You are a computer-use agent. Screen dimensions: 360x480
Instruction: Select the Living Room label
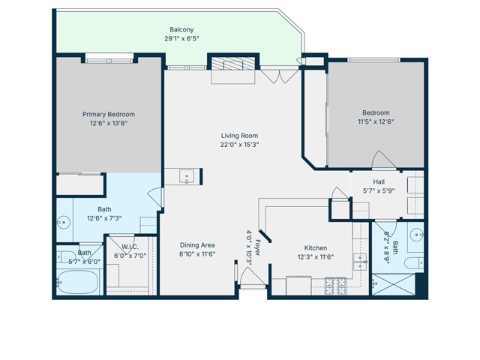(239, 135)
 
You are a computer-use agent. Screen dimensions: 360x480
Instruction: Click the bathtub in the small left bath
(78, 283)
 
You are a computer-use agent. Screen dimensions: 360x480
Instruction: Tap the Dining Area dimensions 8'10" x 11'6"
(197, 255)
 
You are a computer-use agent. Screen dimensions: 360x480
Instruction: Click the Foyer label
(257, 247)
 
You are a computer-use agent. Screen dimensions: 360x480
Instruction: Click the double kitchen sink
(359, 262)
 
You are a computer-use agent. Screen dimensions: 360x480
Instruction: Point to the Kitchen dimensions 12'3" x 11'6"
(315, 257)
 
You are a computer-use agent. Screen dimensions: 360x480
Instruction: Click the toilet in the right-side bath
(412, 263)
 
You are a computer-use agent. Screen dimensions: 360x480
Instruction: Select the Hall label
(379, 182)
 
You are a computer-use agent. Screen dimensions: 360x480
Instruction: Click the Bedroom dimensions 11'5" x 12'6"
(376, 121)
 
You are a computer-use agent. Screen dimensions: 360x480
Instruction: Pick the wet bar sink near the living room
(187, 177)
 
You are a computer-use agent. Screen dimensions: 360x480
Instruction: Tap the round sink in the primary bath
(63, 223)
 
